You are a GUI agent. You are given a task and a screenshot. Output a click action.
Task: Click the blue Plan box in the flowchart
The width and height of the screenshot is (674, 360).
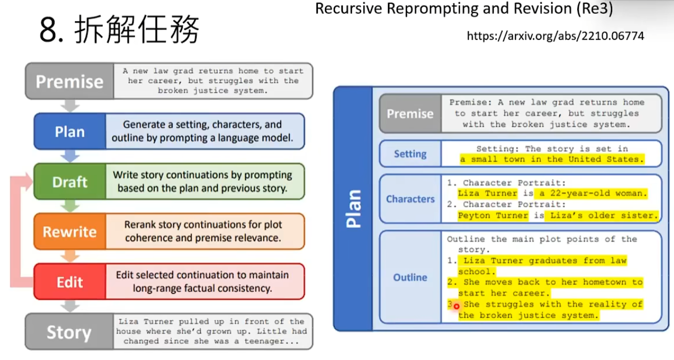(x=69, y=132)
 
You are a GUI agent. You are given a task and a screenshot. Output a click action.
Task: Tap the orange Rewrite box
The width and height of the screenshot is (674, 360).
(x=69, y=232)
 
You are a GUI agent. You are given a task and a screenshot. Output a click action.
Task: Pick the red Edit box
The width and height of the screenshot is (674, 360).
(x=69, y=282)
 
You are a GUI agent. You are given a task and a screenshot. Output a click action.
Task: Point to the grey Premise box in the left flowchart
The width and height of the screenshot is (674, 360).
(x=69, y=82)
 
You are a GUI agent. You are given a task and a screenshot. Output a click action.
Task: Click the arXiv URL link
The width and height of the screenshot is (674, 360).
(x=555, y=36)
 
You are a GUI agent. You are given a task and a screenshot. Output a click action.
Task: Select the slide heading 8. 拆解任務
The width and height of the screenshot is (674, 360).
(x=119, y=30)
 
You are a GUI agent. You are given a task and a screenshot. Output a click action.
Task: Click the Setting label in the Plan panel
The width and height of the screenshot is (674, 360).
(x=410, y=154)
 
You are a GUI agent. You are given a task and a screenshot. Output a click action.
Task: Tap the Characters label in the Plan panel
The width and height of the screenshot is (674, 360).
(x=410, y=199)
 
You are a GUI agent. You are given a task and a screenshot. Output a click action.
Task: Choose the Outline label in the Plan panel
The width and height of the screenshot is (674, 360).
(x=410, y=277)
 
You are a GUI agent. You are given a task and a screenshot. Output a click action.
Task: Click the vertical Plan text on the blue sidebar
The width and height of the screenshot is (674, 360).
(x=353, y=208)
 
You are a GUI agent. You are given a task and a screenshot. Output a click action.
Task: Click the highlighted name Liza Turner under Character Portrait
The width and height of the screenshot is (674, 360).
(x=487, y=194)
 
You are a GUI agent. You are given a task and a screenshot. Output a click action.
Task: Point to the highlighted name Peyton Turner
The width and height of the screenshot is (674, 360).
(x=492, y=216)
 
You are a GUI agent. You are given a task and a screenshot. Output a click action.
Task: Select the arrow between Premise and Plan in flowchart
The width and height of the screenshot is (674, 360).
(x=70, y=106)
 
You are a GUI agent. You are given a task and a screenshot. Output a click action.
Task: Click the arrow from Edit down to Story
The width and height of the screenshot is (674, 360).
(x=70, y=306)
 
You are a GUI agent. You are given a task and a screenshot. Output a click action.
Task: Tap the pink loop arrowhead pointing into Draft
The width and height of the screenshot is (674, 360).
(x=28, y=182)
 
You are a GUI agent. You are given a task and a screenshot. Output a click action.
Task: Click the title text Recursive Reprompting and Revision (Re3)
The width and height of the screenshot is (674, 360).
(x=464, y=9)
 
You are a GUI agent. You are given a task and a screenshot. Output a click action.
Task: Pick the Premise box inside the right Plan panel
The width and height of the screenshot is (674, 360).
(x=410, y=114)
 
